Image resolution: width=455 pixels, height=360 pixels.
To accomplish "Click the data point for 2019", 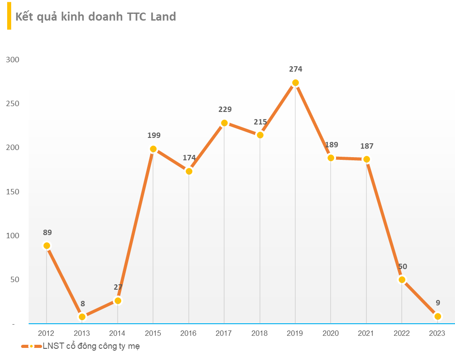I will (x=295, y=83).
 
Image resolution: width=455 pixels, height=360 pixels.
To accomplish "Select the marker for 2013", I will (x=82, y=317).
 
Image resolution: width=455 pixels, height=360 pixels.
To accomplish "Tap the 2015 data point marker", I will (x=153, y=149).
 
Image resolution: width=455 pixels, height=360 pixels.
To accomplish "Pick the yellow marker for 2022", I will (x=402, y=280).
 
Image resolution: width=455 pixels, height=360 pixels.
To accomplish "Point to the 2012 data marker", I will (x=47, y=246).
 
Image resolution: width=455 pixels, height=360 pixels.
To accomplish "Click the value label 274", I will (x=295, y=69).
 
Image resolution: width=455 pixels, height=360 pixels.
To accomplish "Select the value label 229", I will (x=225, y=109).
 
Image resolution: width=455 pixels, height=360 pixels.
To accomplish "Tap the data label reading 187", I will (x=366, y=146).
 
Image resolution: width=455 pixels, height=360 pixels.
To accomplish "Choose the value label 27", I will (x=118, y=287).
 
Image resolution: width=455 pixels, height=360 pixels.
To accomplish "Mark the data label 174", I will (x=189, y=158).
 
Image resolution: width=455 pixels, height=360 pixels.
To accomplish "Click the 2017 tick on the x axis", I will (x=224, y=333).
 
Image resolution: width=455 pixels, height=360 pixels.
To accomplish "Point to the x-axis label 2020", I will (x=331, y=333).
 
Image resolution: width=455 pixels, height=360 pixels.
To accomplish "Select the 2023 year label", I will (x=437, y=333).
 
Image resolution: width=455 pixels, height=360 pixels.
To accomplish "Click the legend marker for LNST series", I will (x=31, y=347).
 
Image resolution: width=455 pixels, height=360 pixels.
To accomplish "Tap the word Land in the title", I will (x=163, y=17).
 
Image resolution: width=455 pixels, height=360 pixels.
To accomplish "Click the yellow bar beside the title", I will (x=9, y=17).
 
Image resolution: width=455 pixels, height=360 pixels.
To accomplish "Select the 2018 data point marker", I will (x=260, y=135).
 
